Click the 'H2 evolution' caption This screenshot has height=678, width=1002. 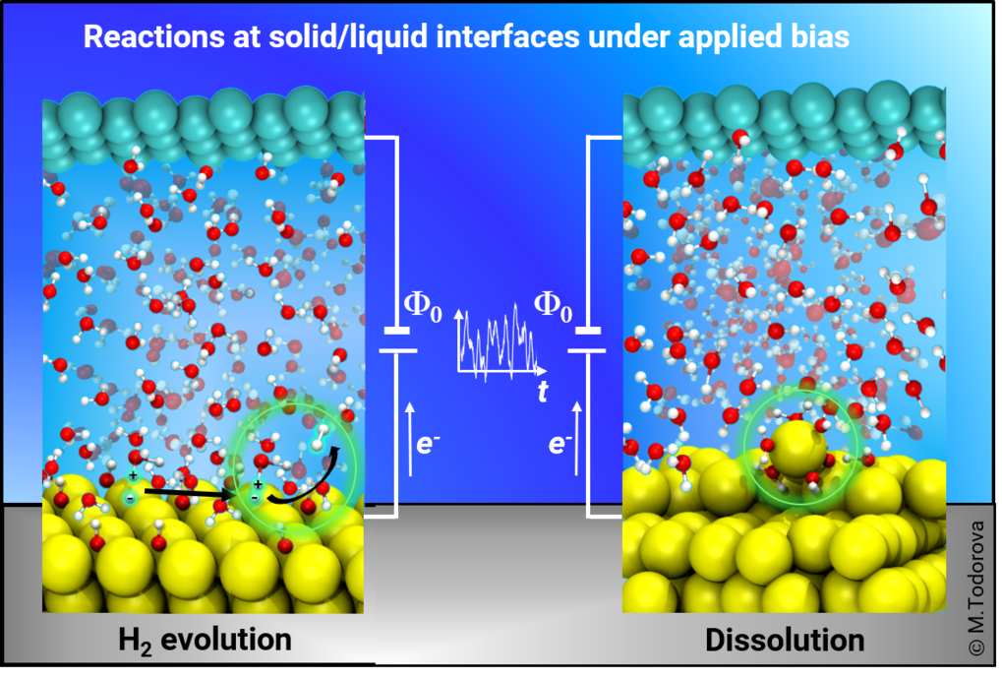[205, 641]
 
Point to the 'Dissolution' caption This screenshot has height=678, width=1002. [785, 641]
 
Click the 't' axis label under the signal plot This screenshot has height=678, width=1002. [543, 391]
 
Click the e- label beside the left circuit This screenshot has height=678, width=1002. [428, 443]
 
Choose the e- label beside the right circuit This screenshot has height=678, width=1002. [560, 443]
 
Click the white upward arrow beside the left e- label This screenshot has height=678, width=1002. [410, 439]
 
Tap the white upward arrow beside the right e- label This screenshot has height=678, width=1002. [577, 439]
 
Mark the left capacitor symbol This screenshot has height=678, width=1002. [397, 340]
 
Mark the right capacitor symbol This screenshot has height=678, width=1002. [587, 340]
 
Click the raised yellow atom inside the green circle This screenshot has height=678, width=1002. [796, 448]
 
